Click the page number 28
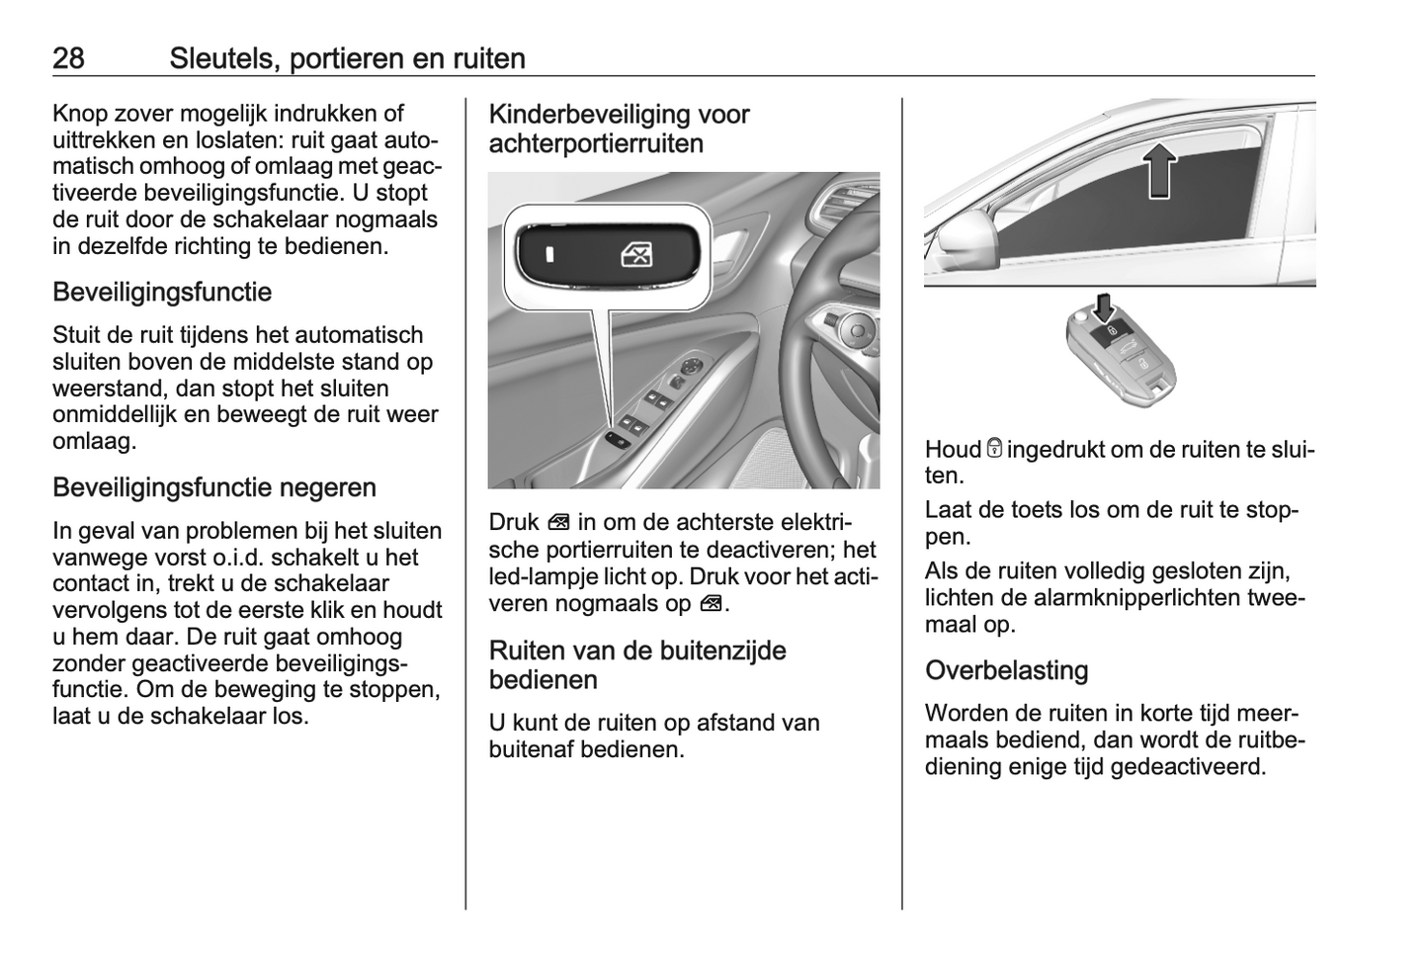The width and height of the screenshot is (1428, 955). tap(68, 58)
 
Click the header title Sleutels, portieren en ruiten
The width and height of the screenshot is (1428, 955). tap(347, 58)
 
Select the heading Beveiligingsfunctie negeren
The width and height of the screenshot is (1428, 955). tap(214, 487)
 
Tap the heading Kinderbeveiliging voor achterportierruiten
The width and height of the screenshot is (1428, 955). tap(619, 129)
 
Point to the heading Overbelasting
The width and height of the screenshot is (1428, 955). tap(1006, 670)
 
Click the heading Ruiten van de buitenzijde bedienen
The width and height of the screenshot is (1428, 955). tap(637, 665)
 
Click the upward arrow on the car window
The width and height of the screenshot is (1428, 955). tap(1160, 169)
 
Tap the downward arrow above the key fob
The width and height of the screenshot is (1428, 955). tap(1104, 305)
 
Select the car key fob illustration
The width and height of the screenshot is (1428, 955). tap(1122, 357)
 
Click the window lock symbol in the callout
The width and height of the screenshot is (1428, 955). tap(636, 256)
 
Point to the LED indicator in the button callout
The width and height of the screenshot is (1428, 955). tap(550, 255)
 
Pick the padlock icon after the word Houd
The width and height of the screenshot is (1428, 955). tap(994, 449)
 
